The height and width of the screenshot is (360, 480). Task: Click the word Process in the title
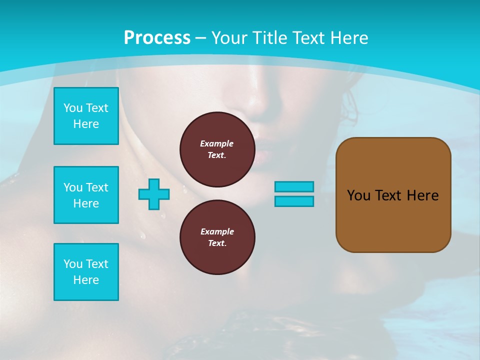pyautogui.click(x=157, y=38)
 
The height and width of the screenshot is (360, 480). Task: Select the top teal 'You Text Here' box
pyautogui.click(x=86, y=116)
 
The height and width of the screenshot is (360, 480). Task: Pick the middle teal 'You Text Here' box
pyautogui.click(x=86, y=195)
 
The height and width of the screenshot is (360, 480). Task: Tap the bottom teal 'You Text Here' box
pyautogui.click(x=86, y=272)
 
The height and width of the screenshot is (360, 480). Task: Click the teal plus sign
pyautogui.click(x=154, y=194)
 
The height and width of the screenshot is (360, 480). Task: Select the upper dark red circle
pyautogui.click(x=217, y=149)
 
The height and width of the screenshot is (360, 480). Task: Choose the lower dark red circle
pyautogui.click(x=217, y=237)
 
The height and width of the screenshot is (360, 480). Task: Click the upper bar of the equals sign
pyautogui.click(x=294, y=187)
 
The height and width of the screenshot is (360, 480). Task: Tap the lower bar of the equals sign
pyautogui.click(x=294, y=201)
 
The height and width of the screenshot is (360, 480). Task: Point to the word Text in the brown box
pyautogui.click(x=389, y=195)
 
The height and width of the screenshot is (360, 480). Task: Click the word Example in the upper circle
pyautogui.click(x=216, y=143)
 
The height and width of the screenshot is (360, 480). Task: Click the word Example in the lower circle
pyautogui.click(x=217, y=231)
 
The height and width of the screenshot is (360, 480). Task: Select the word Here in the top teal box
pyautogui.click(x=86, y=124)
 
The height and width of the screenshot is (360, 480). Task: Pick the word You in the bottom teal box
pyautogui.click(x=73, y=264)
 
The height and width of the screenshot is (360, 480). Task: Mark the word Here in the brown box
pyautogui.click(x=422, y=195)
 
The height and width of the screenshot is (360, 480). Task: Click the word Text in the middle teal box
pyautogui.click(x=96, y=187)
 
